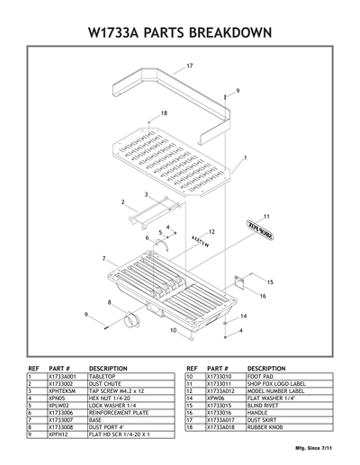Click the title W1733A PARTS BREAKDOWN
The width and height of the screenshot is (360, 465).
180,32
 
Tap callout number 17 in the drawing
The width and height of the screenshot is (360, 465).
190,67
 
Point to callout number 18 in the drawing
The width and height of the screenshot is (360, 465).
164,112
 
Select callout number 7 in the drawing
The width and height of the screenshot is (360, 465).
103,258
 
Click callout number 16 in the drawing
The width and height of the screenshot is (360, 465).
263,296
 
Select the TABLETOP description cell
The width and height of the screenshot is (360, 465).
108,378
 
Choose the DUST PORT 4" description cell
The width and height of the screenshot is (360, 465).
107,426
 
